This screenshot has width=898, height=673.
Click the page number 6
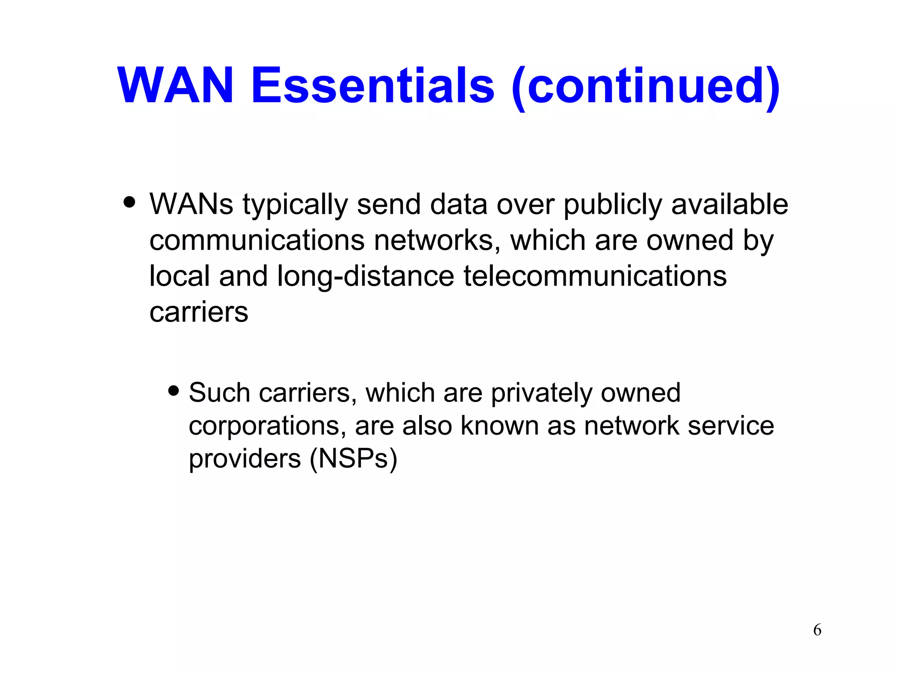[817, 630]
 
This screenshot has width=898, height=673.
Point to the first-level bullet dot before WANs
[129, 202]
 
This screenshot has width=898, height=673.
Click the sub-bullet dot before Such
[174, 390]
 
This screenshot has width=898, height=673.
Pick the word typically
[295, 205]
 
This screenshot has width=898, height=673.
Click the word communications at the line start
[257, 241]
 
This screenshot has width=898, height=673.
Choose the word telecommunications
[595, 276]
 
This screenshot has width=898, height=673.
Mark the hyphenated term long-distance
[366, 277]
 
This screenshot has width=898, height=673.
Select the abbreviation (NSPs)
[353, 459]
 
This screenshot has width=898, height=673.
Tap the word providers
[245, 459]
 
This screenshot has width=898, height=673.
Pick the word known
[499, 426]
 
